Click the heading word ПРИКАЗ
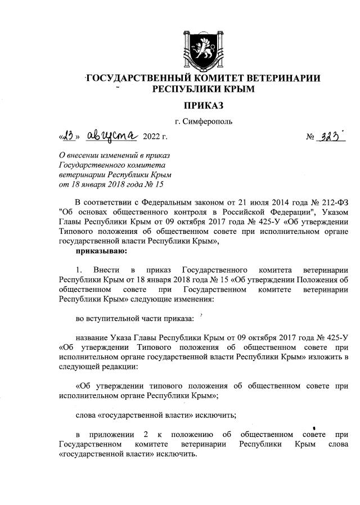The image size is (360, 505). coord(204,105)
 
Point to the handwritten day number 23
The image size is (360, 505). coord(70,136)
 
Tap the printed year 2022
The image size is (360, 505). coord(151,137)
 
